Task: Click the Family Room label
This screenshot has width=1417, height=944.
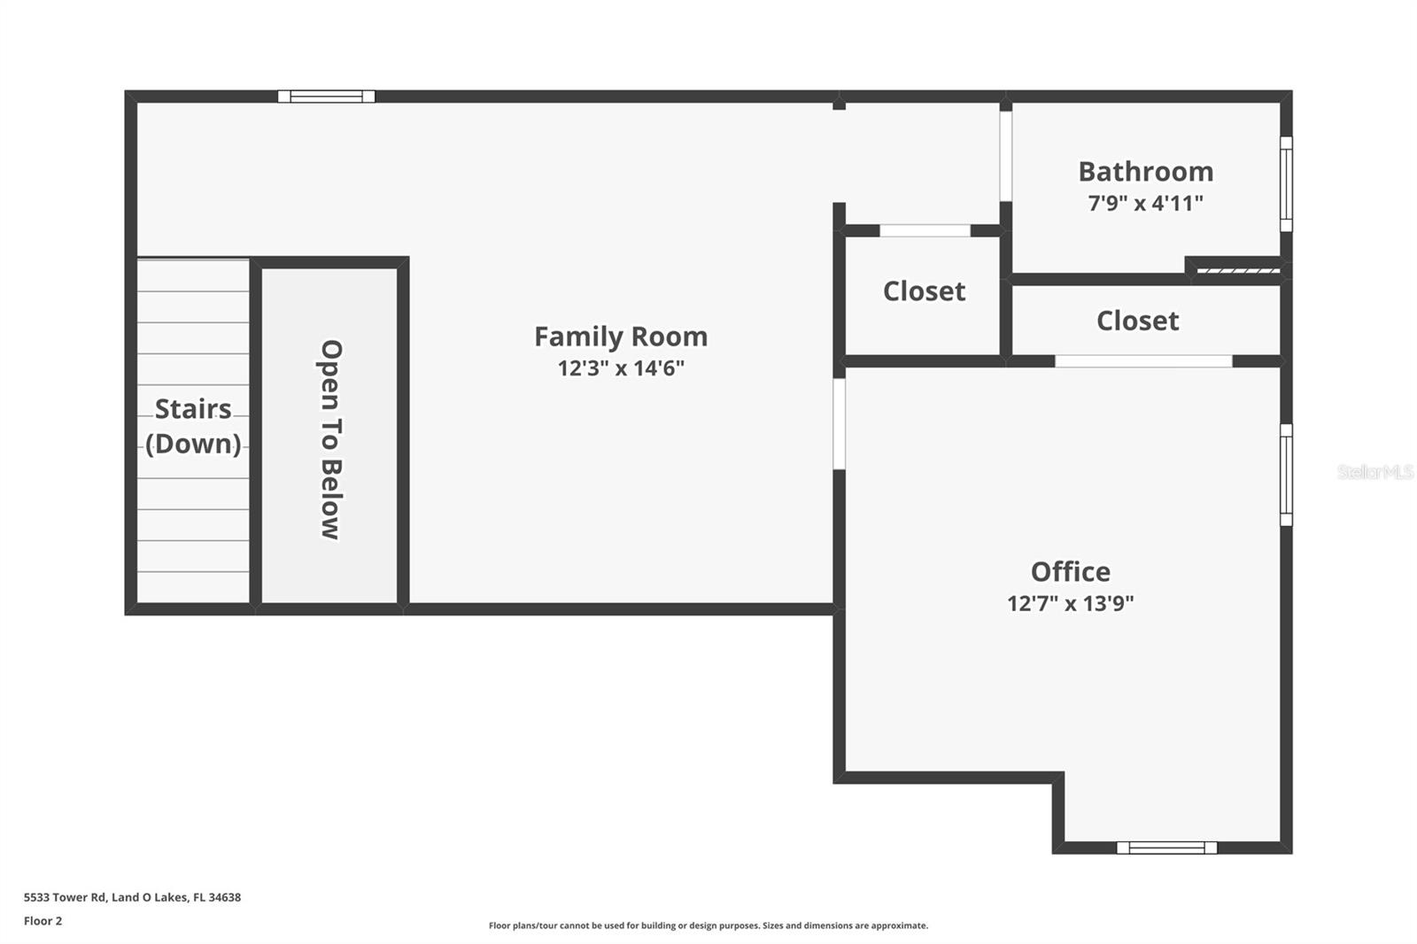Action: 620,337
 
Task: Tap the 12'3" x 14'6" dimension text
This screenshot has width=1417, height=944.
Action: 620,368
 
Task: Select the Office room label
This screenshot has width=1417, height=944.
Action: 1070,571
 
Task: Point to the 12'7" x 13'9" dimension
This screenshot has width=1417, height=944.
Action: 1070,603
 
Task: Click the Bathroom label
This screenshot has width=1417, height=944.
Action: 1145,171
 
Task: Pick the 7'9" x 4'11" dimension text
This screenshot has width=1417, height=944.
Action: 1145,203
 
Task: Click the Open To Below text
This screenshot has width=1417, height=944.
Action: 330,439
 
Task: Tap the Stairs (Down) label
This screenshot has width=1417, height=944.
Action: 193,426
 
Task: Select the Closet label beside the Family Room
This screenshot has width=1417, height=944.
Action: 924,291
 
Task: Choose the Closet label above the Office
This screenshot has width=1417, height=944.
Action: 1137,321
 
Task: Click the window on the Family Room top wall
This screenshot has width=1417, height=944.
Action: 326,97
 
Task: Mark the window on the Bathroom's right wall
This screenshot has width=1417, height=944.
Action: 1286,184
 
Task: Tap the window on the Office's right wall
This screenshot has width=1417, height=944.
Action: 1286,475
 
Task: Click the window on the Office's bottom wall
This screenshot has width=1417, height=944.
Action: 1166,847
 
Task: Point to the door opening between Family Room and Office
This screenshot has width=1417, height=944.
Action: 839,423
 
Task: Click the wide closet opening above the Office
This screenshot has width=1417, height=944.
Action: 1142,361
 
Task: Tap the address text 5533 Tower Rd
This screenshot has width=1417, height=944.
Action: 132,897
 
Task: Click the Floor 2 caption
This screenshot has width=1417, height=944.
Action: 43,921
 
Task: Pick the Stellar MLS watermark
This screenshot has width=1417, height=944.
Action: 1374,472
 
